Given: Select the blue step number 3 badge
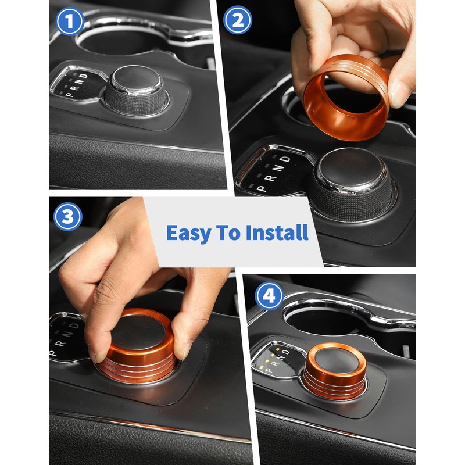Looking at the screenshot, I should click(x=68, y=217).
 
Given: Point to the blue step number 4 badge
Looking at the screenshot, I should click(x=269, y=296).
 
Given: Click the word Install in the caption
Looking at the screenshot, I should click(x=277, y=233).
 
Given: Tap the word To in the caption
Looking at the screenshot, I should click(x=230, y=233).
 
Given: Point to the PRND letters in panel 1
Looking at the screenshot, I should click(x=76, y=84).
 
